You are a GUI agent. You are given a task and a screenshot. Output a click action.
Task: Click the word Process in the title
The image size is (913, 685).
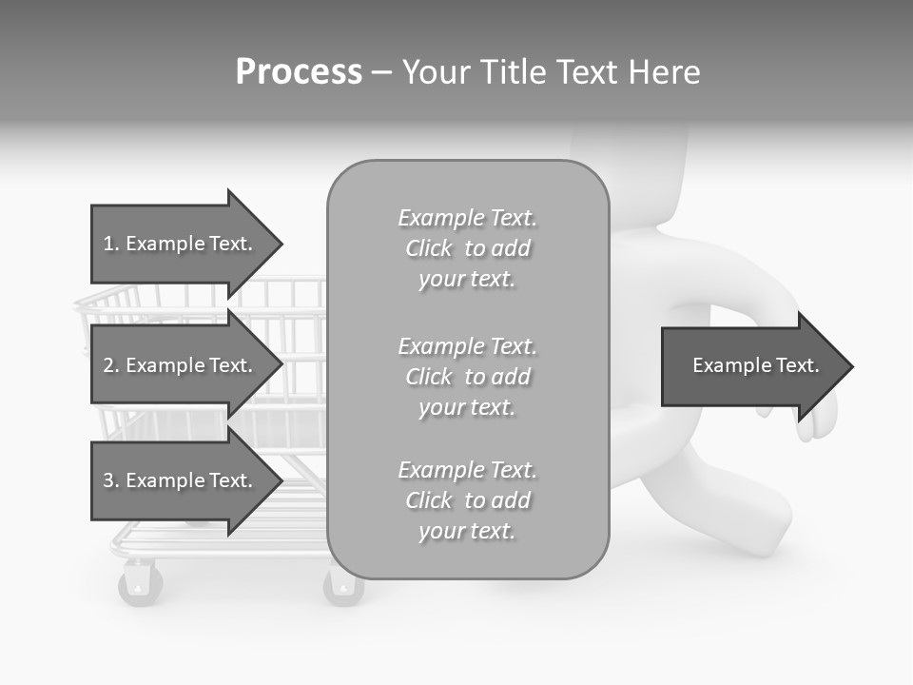click(299, 72)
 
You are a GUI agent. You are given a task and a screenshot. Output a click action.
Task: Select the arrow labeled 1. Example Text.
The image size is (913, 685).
click(181, 244)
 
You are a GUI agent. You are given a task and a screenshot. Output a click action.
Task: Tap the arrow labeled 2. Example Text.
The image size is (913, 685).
click(181, 365)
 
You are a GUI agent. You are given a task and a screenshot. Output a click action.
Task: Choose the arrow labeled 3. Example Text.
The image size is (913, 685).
click(181, 480)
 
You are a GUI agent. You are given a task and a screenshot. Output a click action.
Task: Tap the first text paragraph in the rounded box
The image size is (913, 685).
click(467, 248)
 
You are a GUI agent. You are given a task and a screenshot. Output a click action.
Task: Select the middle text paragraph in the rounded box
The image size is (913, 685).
click(467, 377)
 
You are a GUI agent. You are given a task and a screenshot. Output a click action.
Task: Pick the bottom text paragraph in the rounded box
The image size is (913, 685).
click(467, 500)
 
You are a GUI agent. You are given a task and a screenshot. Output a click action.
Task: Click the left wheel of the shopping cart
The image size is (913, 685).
click(140, 582)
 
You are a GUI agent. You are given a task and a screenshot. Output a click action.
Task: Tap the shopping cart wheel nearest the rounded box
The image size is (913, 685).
click(341, 586)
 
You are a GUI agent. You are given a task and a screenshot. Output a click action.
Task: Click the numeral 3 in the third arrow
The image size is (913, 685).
click(107, 480)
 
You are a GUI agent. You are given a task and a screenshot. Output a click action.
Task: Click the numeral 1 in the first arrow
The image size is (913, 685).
click(107, 244)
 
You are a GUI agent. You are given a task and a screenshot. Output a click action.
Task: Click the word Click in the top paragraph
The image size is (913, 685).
click(429, 249)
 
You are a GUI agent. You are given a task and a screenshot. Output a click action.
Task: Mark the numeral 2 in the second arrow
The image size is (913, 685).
click(107, 365)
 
